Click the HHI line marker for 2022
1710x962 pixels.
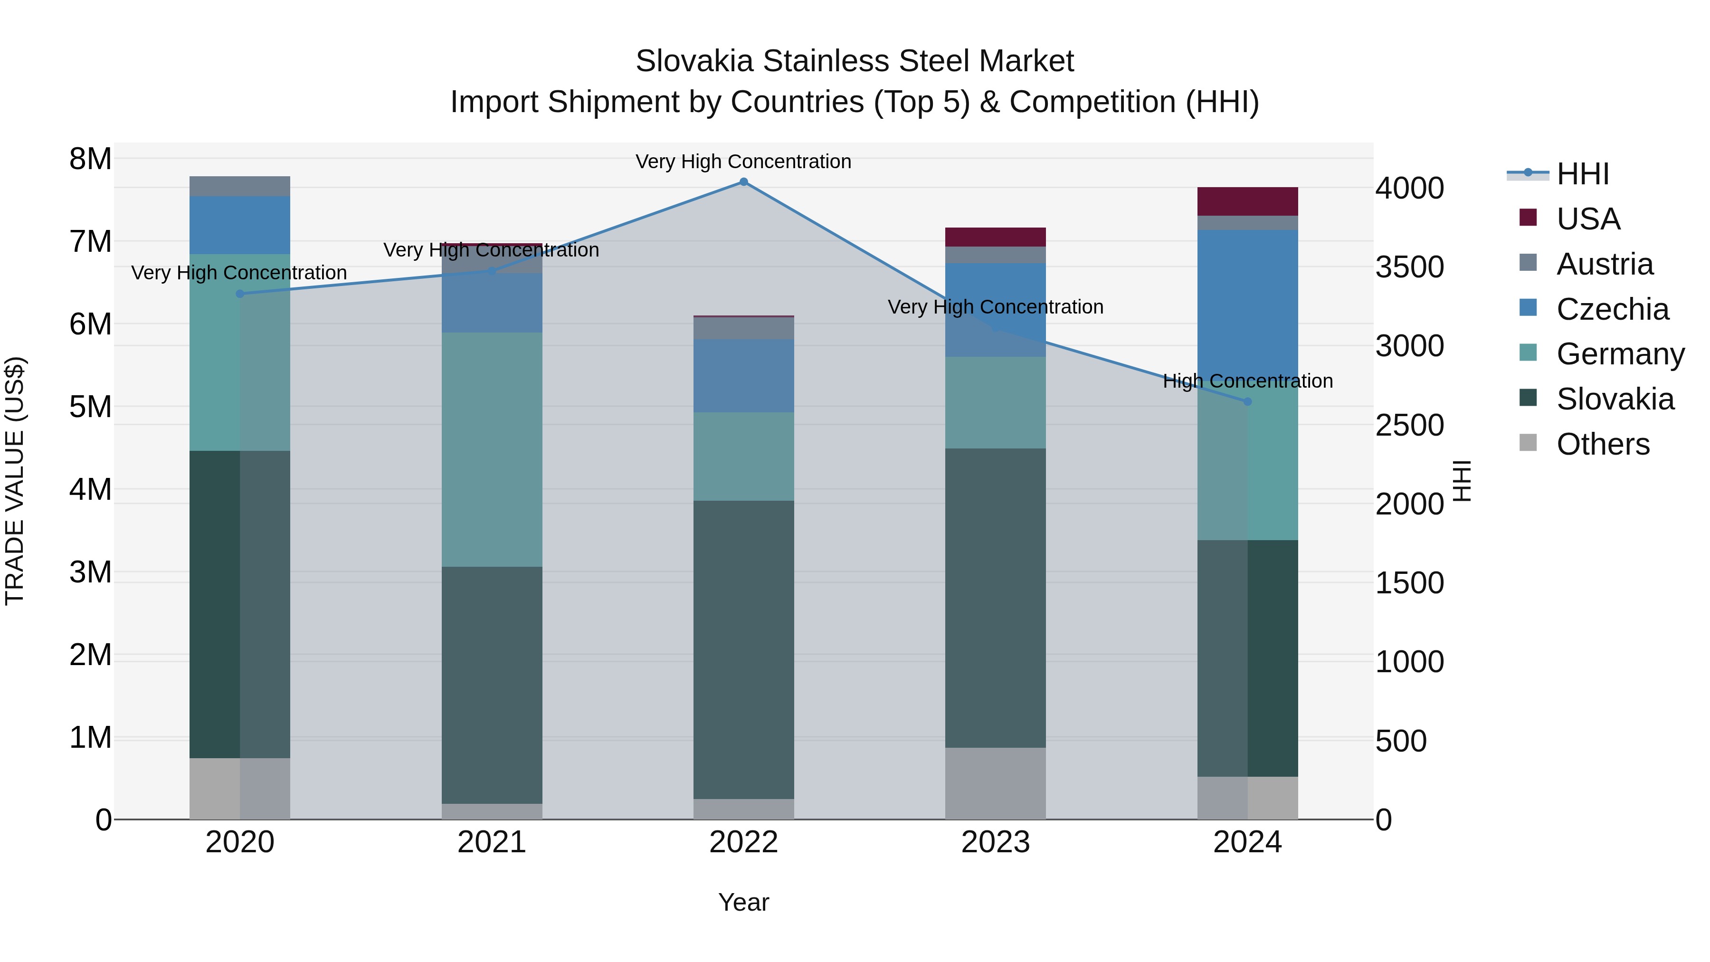(x=743, y=182)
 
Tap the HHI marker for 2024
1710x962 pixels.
(x=1247, y=401)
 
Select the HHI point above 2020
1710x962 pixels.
(x=240, y=294)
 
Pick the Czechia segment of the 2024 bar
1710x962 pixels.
(x=1247, y=305)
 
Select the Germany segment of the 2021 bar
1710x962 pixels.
(x=492, y=449)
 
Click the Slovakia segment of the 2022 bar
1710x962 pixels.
(x=743, y=649)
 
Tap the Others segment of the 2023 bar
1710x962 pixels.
(x=995, y=783)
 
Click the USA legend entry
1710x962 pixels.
(x=1587, y=219)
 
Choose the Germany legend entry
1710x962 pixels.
(x=1620, y=354)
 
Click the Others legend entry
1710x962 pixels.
(x=1603, y=444)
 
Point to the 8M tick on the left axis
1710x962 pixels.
(x=90, y=159)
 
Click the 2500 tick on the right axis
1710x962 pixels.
(x=1409, y=426)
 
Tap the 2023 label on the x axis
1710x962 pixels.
(x=995, y=842)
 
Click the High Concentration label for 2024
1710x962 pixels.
(x=1247, y=381)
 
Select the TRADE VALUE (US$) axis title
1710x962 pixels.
(x=15, y=481)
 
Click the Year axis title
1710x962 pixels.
(x=743, y=902)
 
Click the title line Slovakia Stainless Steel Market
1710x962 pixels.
(x=855, y=61)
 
